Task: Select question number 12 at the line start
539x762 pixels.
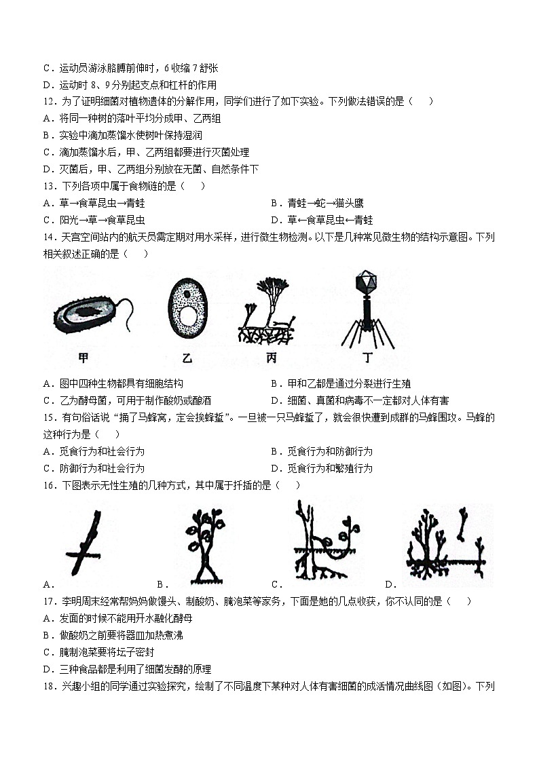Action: click(48, 102)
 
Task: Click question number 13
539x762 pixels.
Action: click(48, 186)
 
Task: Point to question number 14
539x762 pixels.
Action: click(48, 237)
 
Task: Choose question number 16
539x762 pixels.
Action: click(48, 485)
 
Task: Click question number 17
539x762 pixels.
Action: click(48, 601)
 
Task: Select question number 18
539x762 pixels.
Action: click(48, 685)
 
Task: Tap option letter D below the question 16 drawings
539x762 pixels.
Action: click(390, 584)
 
